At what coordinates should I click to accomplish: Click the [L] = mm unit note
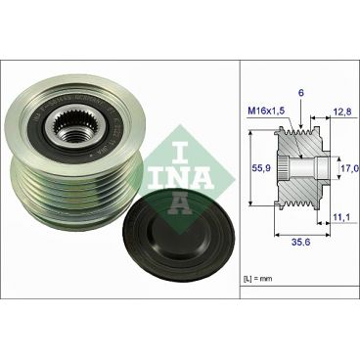point(259,281)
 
